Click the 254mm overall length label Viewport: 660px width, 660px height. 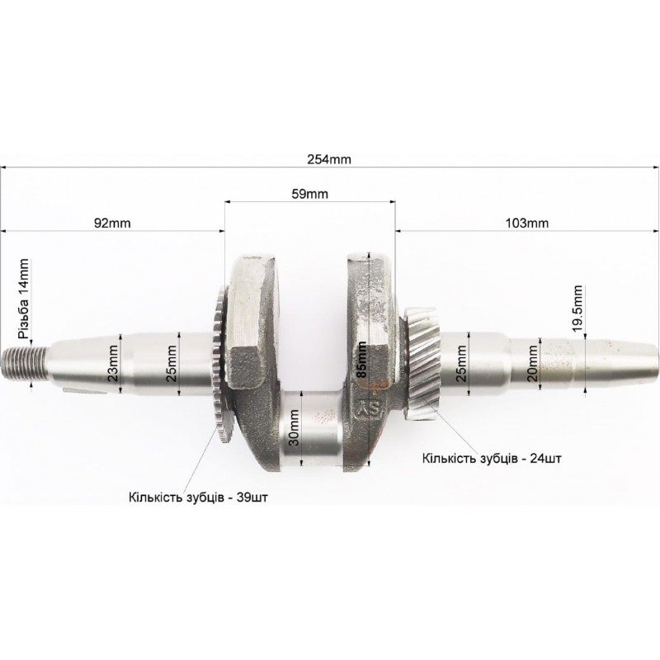click(328, 159)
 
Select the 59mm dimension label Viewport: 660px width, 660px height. click(310, 194)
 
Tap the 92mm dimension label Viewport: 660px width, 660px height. click(112, 223)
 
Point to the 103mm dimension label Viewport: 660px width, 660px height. click(527, 223)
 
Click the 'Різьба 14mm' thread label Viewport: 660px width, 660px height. click(24, 299)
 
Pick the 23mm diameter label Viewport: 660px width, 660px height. click(113, 362)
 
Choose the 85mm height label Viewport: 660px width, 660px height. click(361, 360)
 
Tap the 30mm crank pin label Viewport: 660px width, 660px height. click(295, 427)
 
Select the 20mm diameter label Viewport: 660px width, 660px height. click(533, 363)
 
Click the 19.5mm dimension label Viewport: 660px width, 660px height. click(577, 308)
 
